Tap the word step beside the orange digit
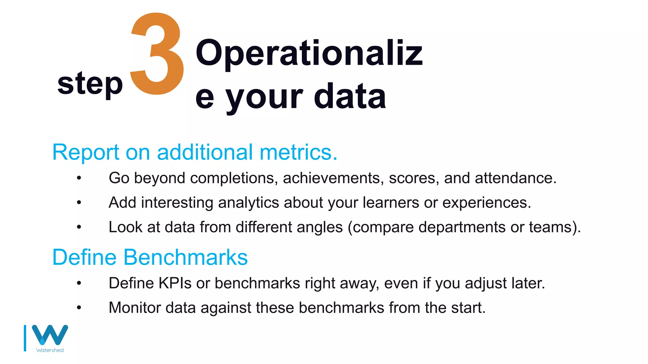coord(90,83)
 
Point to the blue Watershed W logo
coord(50,335)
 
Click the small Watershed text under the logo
coord(50,350)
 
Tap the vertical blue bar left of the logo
coord(25,338)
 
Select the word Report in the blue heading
coord(85,152)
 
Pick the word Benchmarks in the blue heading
coord(185,257)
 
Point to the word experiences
coord(486,203)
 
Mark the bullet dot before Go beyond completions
coord(79,178)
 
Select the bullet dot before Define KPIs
coord(79,283)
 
